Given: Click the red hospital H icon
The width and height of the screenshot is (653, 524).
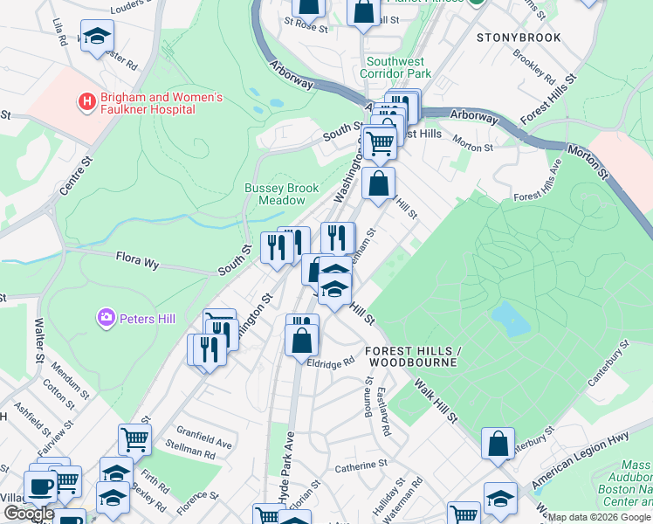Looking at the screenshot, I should pos(86,102).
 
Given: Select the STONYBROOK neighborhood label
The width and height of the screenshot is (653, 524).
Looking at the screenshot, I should pos(519,38).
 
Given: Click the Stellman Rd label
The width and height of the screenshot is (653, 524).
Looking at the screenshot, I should pos(190,454).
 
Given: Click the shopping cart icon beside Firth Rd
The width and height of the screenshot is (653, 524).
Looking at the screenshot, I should pos(134,438).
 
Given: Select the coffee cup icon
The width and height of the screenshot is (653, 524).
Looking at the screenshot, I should pos(40,485).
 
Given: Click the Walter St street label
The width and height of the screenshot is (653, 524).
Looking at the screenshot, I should pos(38,340).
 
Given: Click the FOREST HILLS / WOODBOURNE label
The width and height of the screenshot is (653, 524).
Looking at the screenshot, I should pos(411,355).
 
